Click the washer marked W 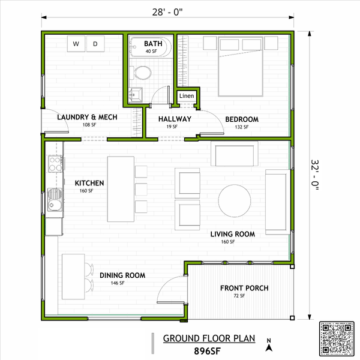[x=76, y=43]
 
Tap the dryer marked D [x=96, y=43]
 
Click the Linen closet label [x=186, y=96]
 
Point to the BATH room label [x=153, y=44]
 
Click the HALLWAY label [x=175, y=119]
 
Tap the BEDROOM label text [x=242, y=119]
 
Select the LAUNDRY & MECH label [x=87, y=117]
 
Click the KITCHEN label [x=89, y=183]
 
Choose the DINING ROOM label [x=122, y=275]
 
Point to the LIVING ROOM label [x=232, y=234]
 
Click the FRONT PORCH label [x=244, y=288]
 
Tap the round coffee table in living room [x=235, y=200]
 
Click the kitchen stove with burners [x=55, y=164]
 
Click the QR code [x=338, y=340]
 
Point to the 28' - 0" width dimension [x=167, y=10]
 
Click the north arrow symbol [x=270, y=344]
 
